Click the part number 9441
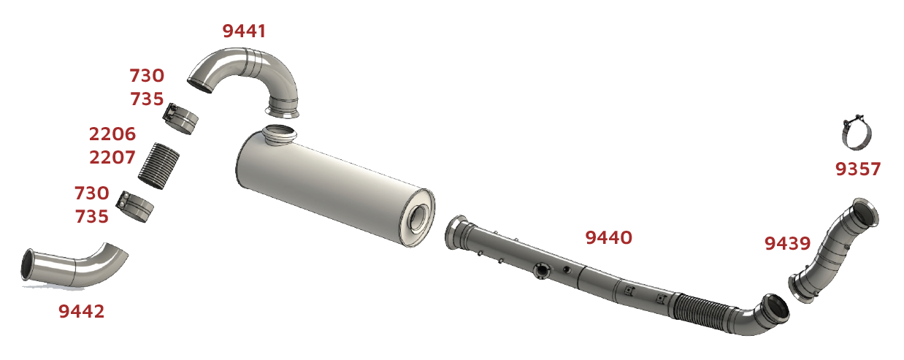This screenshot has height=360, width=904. point(244,31)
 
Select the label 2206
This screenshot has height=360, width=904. point(112,134)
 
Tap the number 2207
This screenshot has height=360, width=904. point(112,158)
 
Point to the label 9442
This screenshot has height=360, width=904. point(82,311)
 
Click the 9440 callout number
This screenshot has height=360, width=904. point(608,237)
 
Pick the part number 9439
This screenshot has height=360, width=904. point(787,243)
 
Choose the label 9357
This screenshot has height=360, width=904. point(857,169)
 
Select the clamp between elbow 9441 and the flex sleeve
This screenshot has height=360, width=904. point(180,118)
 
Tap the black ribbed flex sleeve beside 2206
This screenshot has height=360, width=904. point(158,166)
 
